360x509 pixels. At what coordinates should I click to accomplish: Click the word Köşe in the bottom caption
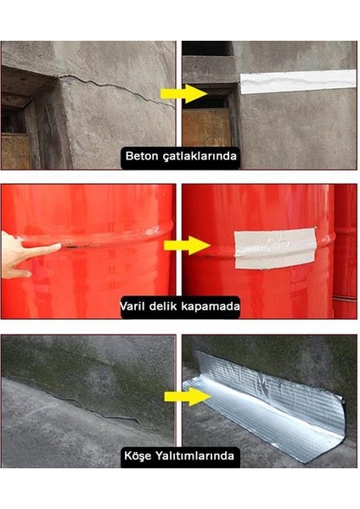(141, 456)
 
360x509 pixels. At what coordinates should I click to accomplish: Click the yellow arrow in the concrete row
(194, 92)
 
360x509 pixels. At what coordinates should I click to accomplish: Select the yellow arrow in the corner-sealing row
(194, 395)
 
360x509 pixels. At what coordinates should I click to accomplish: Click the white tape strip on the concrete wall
(297, 81)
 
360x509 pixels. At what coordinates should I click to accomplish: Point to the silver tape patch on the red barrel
(274, 248)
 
